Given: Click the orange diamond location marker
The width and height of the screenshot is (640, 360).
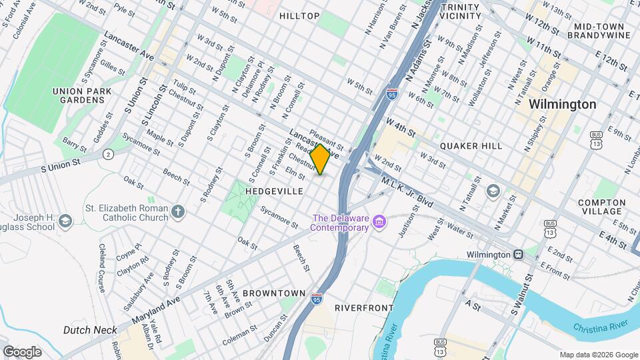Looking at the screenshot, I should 320,159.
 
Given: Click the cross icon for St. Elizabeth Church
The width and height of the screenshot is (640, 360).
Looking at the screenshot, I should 177,212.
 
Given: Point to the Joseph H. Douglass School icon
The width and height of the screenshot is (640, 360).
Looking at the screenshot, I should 65,220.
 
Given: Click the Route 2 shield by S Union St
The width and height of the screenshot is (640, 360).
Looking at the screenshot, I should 109,154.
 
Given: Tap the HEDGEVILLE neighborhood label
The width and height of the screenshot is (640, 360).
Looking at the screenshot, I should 275,191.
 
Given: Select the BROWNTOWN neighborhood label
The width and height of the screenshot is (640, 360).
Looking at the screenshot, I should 273,293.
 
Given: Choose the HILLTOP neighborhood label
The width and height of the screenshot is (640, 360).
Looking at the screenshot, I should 299,15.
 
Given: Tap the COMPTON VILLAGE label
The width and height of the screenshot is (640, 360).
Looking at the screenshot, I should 602,207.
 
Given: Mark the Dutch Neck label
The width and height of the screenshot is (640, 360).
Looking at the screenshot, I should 90,330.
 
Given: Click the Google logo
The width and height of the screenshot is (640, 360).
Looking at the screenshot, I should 22,351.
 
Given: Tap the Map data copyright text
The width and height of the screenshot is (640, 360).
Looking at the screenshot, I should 597,354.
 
